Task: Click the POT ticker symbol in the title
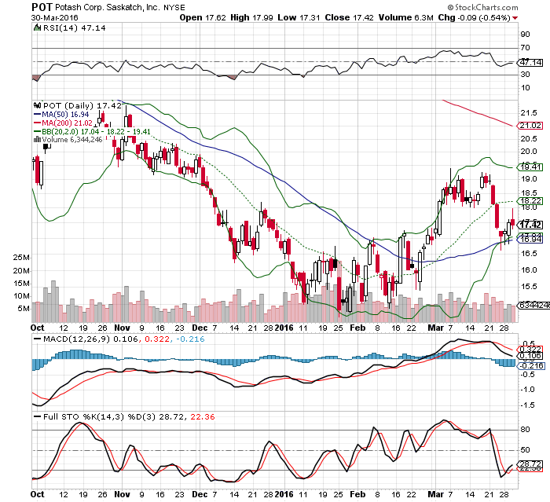click(42, 5)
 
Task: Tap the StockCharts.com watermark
click(505, 6)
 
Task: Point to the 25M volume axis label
click(21, 258)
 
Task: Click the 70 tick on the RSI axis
click(521, 49)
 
